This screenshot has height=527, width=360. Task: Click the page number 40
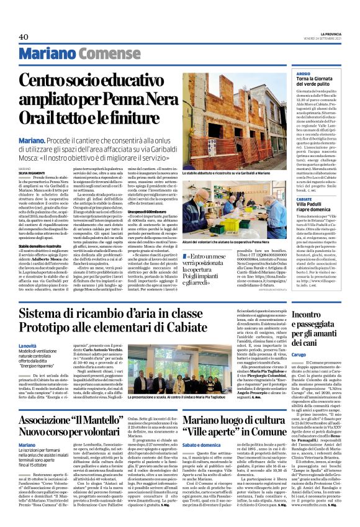pyautogui.click(x=24, y=37)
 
